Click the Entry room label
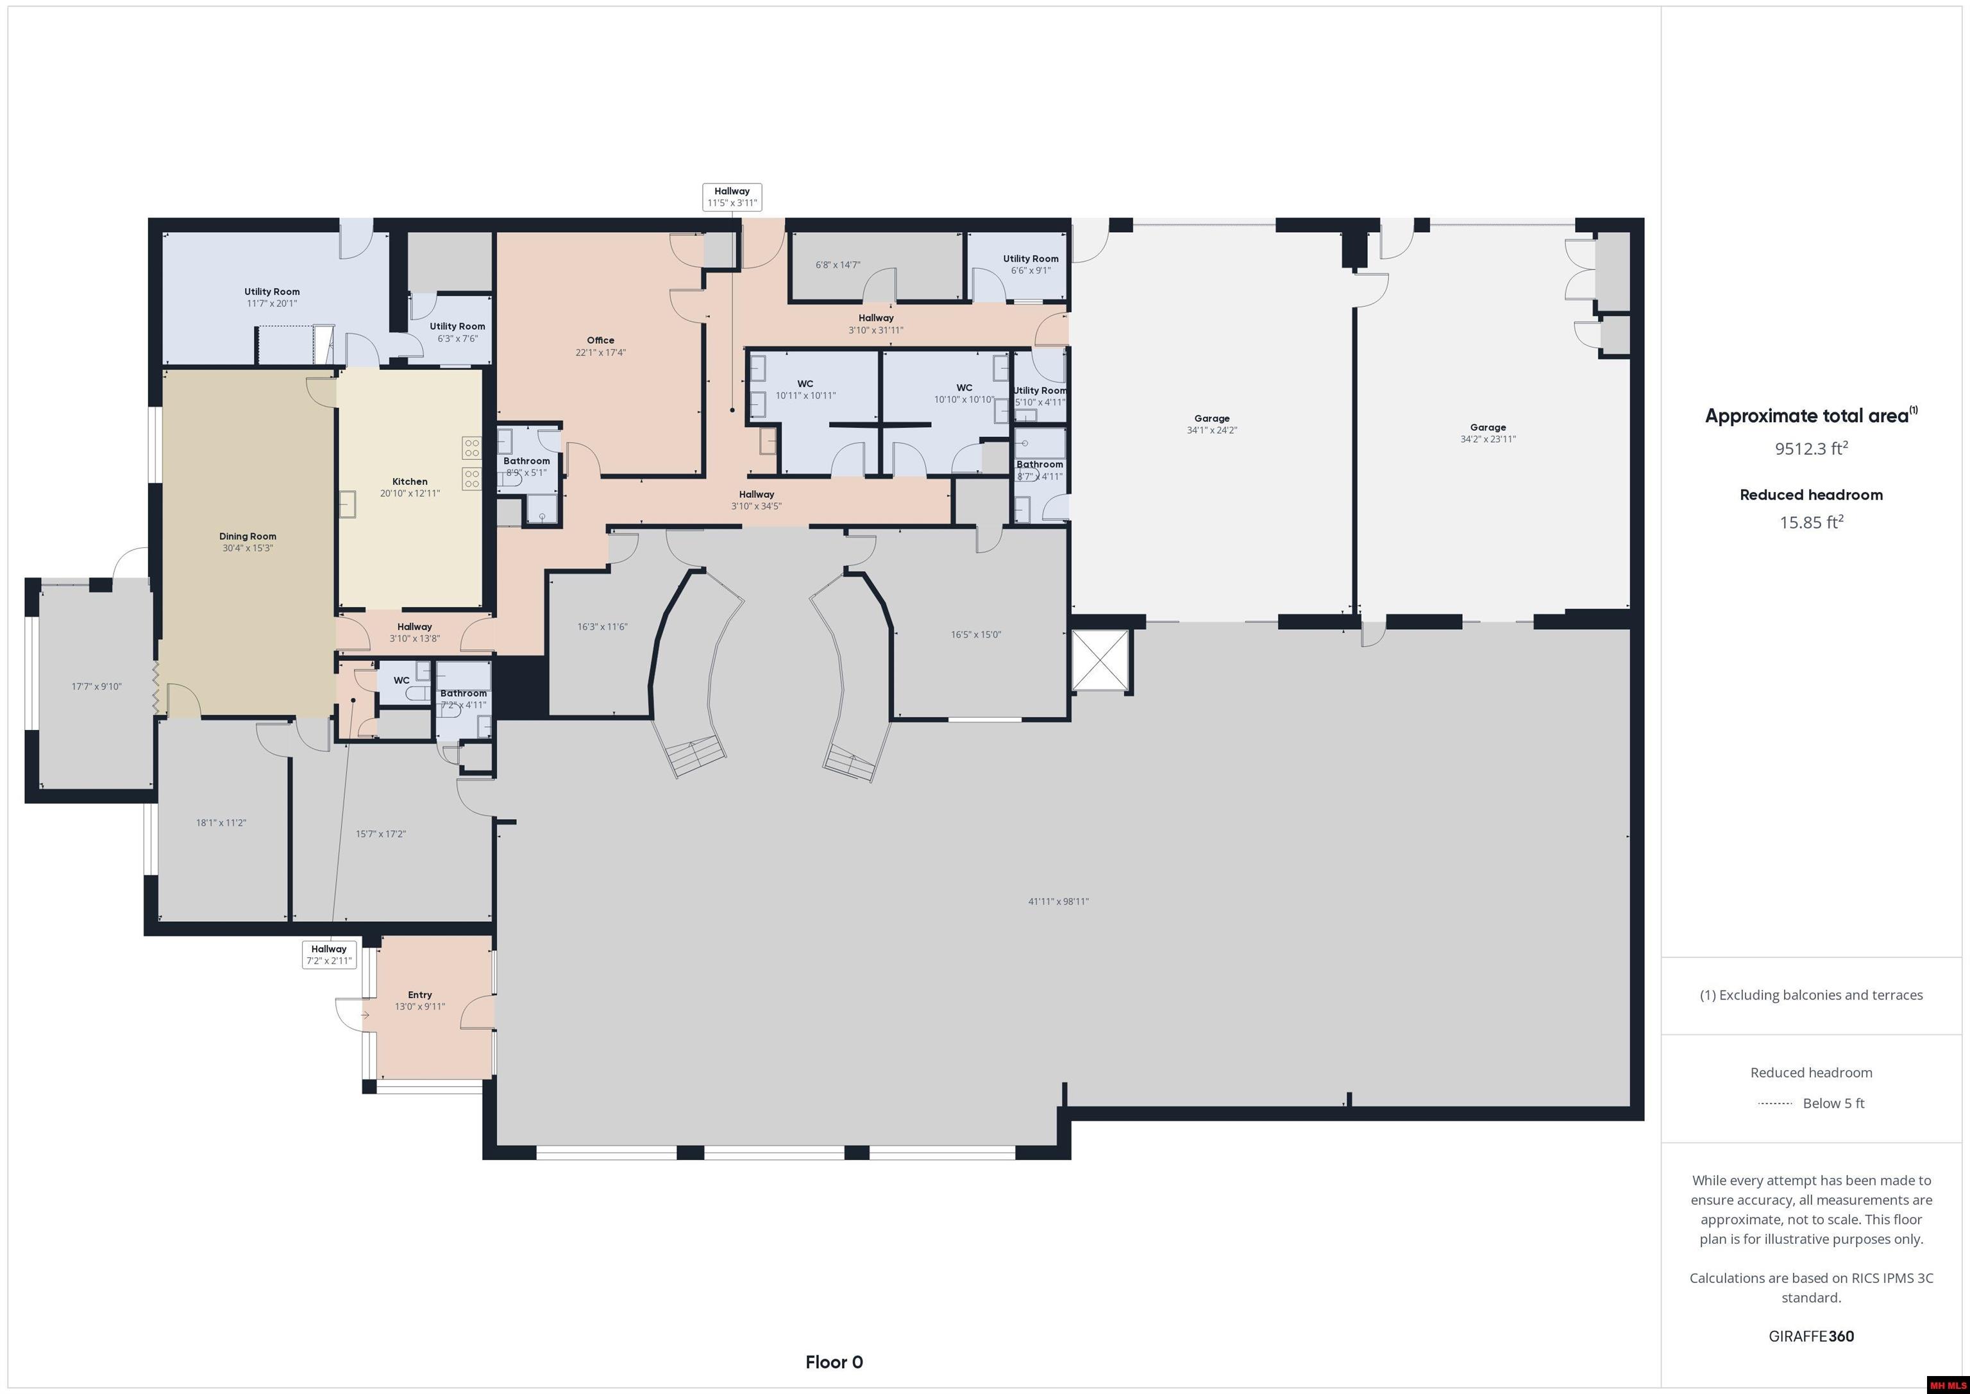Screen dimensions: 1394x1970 coord(419,1000)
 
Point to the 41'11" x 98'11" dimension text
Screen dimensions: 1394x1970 coord(1058,901)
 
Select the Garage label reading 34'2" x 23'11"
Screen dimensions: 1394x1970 coord(1487,432)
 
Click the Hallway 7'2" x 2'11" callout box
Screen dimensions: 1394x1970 coord(328,955)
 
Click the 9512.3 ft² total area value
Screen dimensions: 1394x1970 coord(1810,448)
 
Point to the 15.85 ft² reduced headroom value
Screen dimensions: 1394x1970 coord(1810,522)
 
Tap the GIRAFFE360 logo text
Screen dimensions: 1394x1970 coord(1810,1336)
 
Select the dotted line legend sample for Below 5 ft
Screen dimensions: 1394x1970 coord(1774,1103)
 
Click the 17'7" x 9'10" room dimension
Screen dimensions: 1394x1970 coord(96,686)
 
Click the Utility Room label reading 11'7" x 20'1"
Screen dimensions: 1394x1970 coord(271,297)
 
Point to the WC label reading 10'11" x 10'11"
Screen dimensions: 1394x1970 coord(805,389)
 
